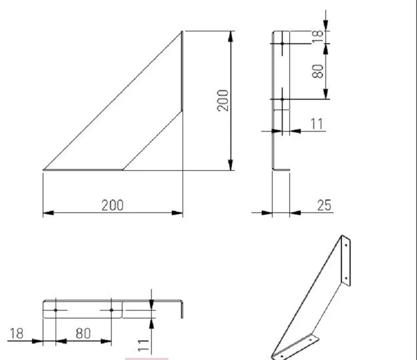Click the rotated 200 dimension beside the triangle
click(223, 101)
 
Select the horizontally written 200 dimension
click(112, 204)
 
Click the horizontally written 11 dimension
click(317, 124)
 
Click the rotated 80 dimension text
click(318, 71)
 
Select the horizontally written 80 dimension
click(83, 333)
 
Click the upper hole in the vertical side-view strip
click(283, 44)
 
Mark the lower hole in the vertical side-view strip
click(283, 100)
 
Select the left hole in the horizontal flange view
click(55, 309)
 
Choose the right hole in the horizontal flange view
click(111, 309)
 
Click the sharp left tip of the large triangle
click(44, 170)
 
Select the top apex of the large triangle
click(182, 32)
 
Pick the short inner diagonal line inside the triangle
click(152, 140)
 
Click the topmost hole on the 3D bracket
click(345, 243)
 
